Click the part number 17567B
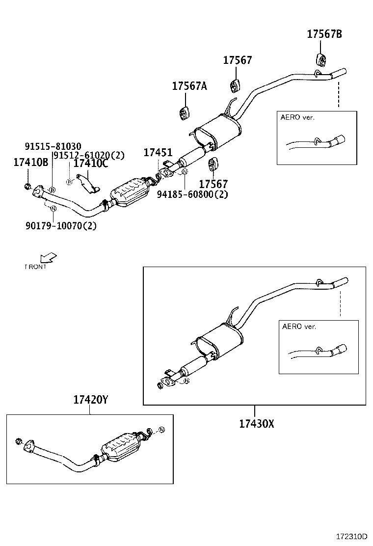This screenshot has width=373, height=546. click(x=324, y=34)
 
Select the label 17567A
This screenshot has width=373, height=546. click(x=189, y=86)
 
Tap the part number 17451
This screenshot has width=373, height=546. click(x=158, y=153)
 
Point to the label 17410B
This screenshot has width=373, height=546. click(x=30, y=163)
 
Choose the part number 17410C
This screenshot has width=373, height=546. click(x=90, y=164)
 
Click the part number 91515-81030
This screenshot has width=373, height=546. click(x=53, y=146)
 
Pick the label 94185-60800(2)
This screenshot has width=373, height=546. click(x=193, y=194)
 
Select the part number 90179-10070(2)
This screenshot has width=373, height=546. click(x=61, y=226)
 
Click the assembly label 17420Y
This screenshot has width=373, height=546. click(x=91, y=400)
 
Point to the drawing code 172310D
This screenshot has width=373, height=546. click(x=353, y=537)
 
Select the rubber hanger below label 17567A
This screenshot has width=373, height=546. click(x=184, y=112)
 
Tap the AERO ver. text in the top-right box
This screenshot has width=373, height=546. click(x=297, y=117)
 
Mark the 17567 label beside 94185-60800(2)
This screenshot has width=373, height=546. click(x=213, y=184)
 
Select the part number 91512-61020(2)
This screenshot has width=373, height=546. click(x=89, y=155)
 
